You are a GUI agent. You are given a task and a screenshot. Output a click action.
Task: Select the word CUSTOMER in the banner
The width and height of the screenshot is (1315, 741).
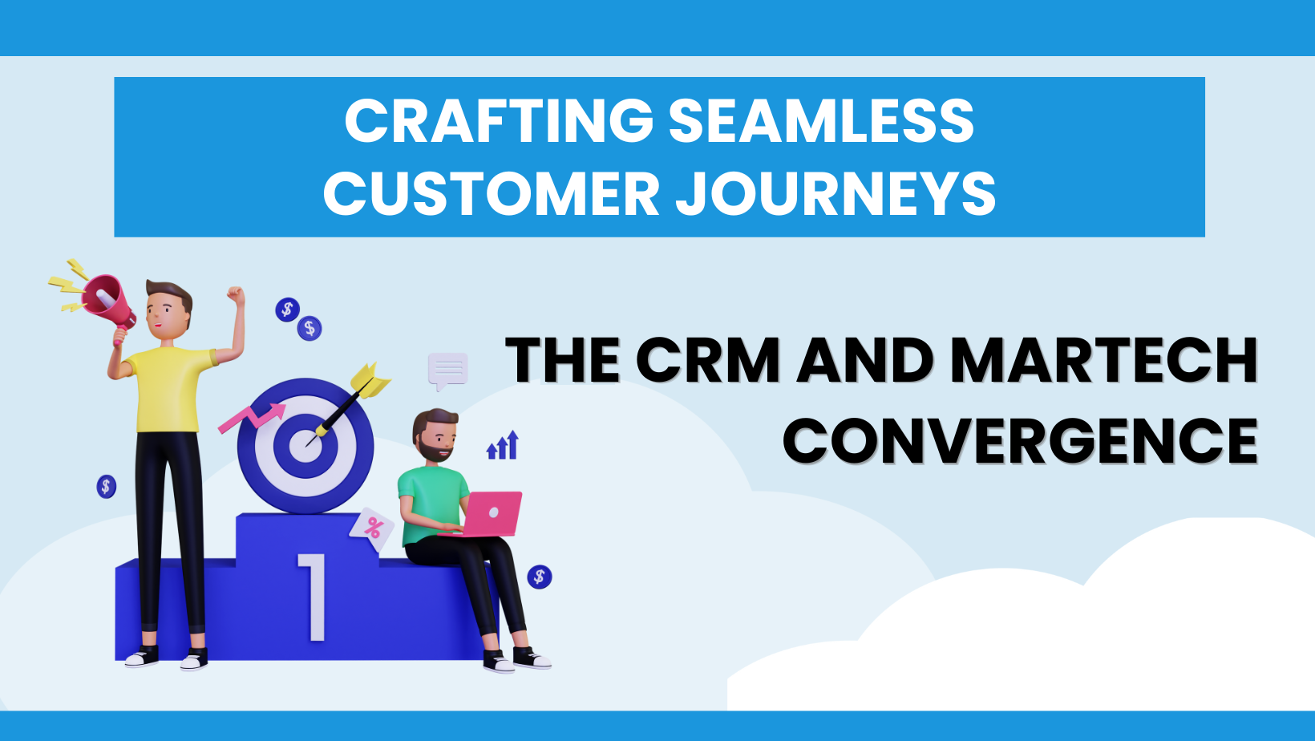coord(491,194)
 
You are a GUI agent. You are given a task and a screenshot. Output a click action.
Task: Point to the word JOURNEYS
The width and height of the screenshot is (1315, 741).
coord(835,194)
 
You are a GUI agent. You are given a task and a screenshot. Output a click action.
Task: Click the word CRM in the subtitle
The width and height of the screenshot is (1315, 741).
coord(709,360)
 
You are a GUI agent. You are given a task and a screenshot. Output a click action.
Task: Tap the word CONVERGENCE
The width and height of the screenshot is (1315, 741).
coord(1020,440)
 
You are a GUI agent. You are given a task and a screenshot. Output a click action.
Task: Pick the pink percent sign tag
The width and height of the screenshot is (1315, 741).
coord(373,528)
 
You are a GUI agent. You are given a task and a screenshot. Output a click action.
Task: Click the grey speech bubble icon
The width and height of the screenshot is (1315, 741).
coord(447,370)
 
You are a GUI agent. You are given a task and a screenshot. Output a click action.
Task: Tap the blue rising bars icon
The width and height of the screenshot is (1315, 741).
coord(504,446)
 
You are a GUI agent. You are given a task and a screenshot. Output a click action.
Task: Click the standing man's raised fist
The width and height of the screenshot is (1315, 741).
coord(235,294)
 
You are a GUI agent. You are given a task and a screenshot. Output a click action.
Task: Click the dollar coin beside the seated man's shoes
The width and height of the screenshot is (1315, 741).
coord(540,577)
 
